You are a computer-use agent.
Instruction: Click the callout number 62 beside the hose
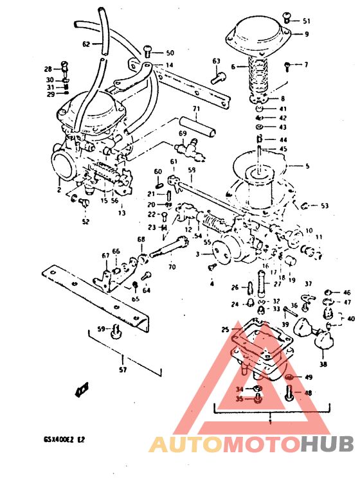[86, 44]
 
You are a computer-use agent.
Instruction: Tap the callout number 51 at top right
[306, 21]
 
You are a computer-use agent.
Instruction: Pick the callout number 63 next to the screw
[216, 62]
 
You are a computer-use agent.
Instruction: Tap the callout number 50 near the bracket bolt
[170, 53]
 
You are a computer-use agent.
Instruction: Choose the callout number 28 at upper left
[48, 69]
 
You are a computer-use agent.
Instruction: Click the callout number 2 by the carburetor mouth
[58, 190]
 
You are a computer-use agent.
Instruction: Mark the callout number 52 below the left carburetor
[85, 222]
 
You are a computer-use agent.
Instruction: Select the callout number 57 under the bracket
[123, 370]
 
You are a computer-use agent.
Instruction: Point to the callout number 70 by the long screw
[171, 267]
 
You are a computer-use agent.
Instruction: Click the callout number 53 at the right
[324, 206]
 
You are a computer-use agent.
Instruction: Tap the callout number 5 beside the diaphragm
[307, 166]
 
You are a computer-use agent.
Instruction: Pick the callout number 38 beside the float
[322, 364]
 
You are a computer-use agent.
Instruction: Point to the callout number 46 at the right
[346, 292]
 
